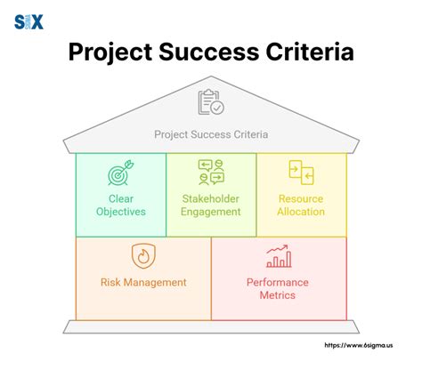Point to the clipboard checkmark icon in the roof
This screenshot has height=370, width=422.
210,103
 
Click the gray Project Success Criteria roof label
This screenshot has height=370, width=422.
211,135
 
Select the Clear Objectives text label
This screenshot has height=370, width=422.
120,205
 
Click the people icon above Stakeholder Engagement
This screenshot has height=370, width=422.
211,173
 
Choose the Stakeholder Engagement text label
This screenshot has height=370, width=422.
211,205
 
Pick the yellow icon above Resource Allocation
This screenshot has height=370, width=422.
301,173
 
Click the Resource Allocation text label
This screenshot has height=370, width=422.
301,205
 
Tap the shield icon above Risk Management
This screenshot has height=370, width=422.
142,255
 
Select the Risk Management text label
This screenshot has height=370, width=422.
142,283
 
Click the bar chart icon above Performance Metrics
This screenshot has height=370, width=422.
279,256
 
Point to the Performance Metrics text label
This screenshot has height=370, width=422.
279,289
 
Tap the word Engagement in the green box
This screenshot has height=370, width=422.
211,212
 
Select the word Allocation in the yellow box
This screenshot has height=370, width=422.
301,212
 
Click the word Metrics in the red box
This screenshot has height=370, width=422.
279,295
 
